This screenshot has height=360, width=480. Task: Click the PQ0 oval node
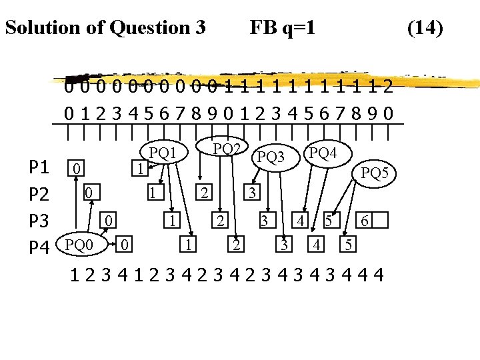click(x=79, y=245)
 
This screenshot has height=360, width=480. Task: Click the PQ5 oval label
click(x=379, y=174)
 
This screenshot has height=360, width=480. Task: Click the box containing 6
click(x=364, y=220)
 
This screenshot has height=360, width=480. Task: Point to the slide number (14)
click(x=425, y=28)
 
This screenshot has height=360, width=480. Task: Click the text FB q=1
click(x=282, y=28)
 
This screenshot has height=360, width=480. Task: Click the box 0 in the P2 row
click(x=88, y=193)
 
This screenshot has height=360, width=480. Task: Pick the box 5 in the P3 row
click(x=328, y=220)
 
